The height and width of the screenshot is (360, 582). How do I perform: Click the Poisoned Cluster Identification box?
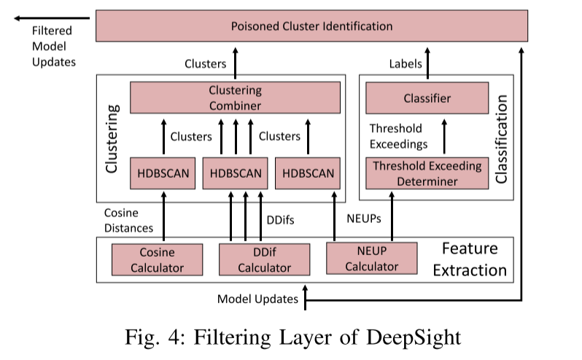click(x=311, y=26)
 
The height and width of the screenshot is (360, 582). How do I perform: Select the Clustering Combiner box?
click(x=235, y=98)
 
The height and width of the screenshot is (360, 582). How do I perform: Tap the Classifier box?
click(x=427, y=98)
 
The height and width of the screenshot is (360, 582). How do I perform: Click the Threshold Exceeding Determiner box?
click(x=427, y=173)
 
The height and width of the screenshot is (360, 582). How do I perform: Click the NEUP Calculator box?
click(x=371, y=259)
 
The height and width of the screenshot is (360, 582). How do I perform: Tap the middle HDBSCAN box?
click(x=236, y=173)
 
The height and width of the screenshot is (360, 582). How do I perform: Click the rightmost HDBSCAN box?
click(x=307, y=173)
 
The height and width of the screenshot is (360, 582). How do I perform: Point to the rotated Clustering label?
click(x=112, y=138)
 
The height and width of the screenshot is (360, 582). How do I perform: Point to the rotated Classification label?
click(x=501, y=138)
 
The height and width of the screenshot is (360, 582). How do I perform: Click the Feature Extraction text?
click(x=470, y=259)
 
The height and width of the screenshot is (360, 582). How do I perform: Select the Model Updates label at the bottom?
click(x=257, y=299)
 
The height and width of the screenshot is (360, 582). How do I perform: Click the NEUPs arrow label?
click(x=362, y=218)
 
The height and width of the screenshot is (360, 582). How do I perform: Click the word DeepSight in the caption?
click(x=416, y=337)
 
